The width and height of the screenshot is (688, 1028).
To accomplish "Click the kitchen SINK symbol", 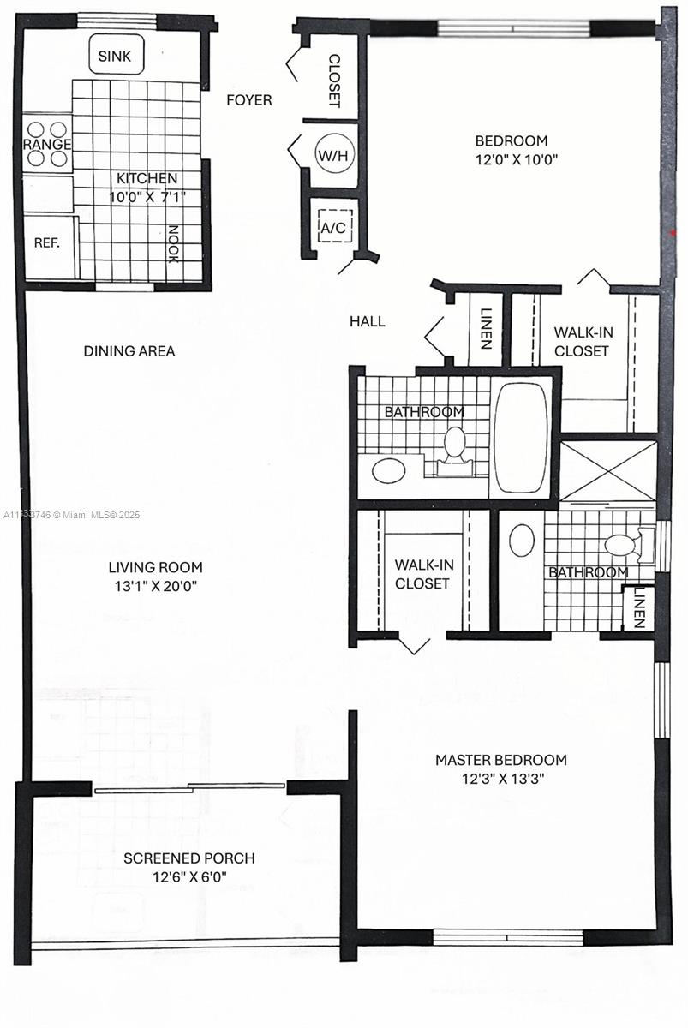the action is pos(117,54).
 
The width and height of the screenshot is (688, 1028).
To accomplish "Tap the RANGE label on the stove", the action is pos(47,144).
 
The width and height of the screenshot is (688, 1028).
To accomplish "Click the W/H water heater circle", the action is pos(334,155).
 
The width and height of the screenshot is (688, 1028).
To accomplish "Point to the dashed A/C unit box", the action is pos(335,226).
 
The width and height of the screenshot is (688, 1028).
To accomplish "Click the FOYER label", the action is pos(249,99).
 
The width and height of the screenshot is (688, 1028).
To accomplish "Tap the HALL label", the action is pos(368,321).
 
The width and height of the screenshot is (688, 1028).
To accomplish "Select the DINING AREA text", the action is pos(129,351).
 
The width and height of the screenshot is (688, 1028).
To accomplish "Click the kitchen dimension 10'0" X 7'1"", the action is pos(147,197).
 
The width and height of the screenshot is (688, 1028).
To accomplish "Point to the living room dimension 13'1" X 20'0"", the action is pos(156,586).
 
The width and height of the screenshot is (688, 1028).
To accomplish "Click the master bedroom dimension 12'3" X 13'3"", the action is pos(502,779).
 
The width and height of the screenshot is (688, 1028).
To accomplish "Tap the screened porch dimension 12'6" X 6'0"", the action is pos(189,877).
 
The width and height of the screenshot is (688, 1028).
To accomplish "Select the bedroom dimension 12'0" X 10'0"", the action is pos(517,159).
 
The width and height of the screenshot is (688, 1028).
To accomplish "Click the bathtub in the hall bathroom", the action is pos(521,439).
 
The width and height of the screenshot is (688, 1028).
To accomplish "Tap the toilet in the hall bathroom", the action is pos(455,450).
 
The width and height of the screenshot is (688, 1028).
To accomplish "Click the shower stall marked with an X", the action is pos(608,471).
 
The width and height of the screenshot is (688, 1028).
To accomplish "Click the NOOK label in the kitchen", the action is pos(173,243).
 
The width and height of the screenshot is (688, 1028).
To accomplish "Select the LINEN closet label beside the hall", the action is pos(486,329).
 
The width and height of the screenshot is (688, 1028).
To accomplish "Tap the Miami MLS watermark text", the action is pos(71,516).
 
